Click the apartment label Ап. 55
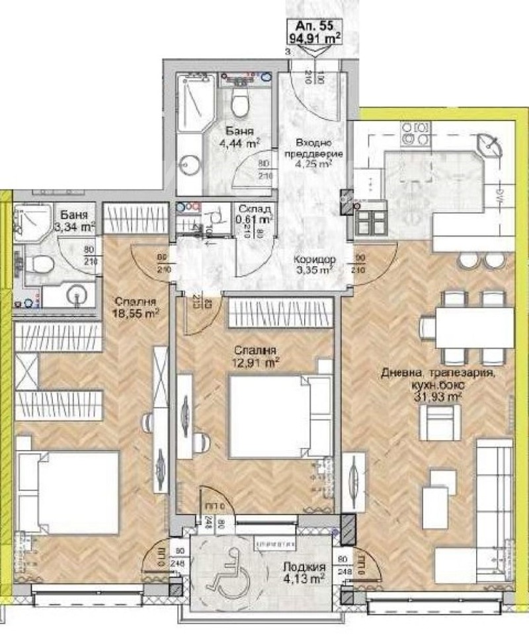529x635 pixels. tap(315, 26)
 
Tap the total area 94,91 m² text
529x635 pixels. tap(315, 38)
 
